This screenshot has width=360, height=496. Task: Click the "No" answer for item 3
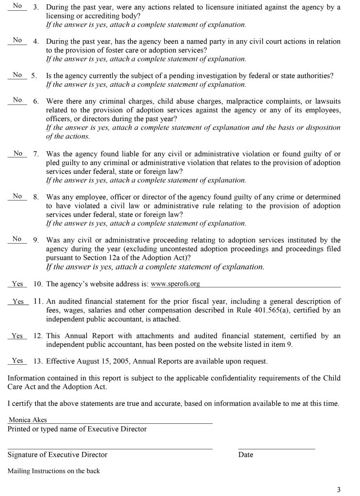click(x=17, y=6)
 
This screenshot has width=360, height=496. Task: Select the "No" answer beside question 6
click(x=17, y=100)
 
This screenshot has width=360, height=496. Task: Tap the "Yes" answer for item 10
click(x=17, y=284)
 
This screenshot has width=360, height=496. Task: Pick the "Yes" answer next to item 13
click(x=17, y=360)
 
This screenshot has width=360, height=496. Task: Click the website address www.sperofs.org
click(x=175, y=284)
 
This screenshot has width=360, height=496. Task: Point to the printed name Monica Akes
click(x=28, y=420)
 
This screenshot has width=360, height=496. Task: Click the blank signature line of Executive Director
click(x=110, y=448)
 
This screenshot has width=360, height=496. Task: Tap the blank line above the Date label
click(x=276, y=448)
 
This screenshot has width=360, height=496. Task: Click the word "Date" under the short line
click(x=246, y=455)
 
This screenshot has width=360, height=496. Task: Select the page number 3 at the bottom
click(x=339, y=489)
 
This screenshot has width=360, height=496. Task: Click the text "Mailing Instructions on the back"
click(x=54, y=471)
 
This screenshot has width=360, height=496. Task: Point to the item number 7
click(x=36, y=154)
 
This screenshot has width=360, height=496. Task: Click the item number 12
click(x=38, y=336)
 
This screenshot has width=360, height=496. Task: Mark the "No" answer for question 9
click(x=17, y=239)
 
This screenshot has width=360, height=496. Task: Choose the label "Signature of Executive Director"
click(x=57, y=455)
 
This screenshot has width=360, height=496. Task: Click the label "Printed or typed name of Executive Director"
click(x=77, y=429)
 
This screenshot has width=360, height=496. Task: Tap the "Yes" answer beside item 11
click(x=17, y=301)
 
